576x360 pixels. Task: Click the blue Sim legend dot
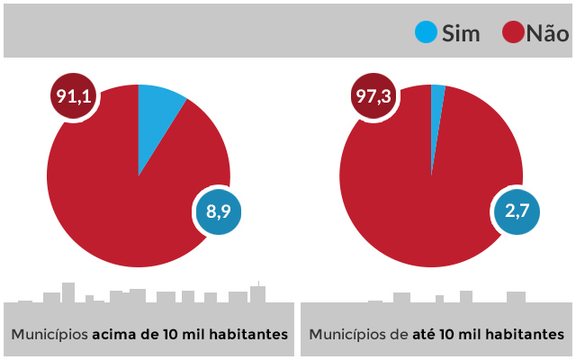pos(426,33)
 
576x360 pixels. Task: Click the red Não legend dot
pos(513,33)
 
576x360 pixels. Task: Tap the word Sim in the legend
pos(461,34)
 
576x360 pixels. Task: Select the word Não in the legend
pos(547,34)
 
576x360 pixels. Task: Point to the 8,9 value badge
pos(219,212)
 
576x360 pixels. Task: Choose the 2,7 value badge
pos(517,212)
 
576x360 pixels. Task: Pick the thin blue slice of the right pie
pos(437,108)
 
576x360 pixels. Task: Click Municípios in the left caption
pos(49,334)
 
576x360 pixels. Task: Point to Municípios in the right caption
pos(347,334)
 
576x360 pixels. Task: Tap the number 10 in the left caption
pos(172,334)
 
